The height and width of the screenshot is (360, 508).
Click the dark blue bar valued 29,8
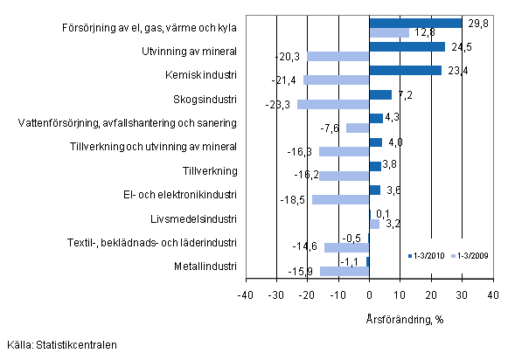pyautogui.click(x=415, y=23)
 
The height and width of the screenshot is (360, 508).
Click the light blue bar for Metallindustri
pyautogui.click(x=344, y=271)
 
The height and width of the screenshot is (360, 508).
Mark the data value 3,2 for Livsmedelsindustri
pyautogui.click(x=393, y=224)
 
